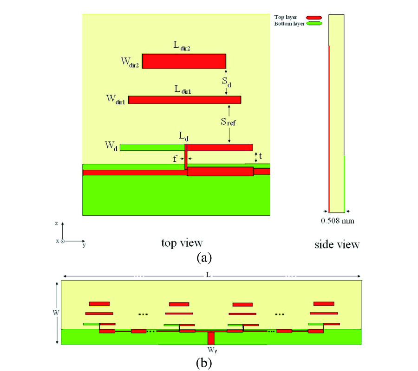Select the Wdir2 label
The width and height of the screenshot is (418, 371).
tap(128, 62)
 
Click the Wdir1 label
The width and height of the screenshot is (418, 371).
tap(116, 99)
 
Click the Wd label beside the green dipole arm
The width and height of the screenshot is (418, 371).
tap(111, 147)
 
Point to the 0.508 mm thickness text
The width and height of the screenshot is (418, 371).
tap(338, 221)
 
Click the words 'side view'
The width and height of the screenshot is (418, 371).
tap(336, 244)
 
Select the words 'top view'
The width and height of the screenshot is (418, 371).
tap(182, 243)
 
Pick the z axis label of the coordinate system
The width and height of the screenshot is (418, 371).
tap(57, 223)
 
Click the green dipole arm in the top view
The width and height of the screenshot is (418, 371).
tap(152, 147)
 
